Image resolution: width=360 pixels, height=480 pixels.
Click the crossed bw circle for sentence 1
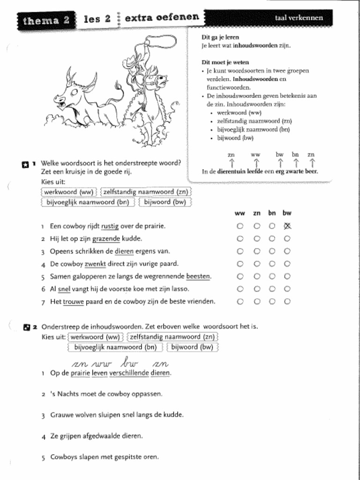287,226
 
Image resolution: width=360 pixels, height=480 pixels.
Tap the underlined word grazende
106,239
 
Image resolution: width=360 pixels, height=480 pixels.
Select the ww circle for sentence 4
240,264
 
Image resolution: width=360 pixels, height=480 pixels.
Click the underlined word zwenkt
94,264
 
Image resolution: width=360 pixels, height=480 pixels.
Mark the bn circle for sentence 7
272,302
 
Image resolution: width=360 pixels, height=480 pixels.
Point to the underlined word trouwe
74,302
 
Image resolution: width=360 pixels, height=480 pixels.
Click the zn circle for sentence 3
256,251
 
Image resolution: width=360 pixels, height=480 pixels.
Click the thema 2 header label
45,20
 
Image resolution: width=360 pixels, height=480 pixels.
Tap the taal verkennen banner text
299,18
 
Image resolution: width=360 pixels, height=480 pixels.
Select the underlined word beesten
198,277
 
